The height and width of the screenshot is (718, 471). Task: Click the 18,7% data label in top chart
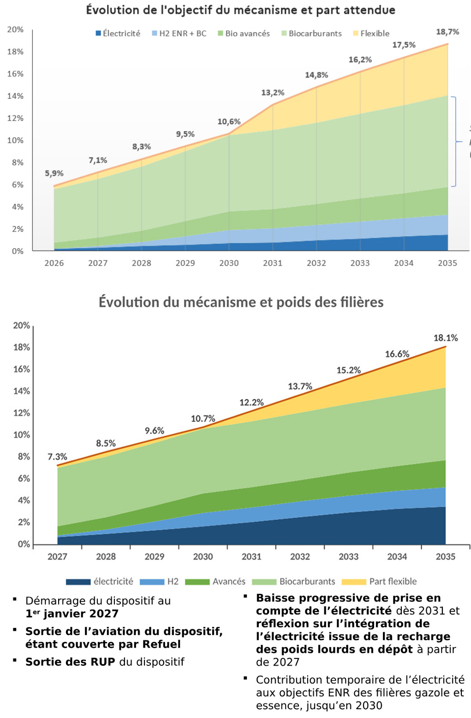click(447, 32)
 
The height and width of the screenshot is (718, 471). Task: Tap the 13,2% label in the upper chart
click(273, 93)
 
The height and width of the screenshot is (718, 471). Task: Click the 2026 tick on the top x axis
click(54, 263)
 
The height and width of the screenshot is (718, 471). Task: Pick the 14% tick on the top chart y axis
click(15, 96)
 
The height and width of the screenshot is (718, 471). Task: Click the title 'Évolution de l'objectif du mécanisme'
click(240, 10)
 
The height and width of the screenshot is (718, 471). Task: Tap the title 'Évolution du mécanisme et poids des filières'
click(241, 302)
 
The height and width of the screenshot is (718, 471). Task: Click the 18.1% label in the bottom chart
click(445, 338)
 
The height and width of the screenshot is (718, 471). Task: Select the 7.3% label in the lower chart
click(57, 457)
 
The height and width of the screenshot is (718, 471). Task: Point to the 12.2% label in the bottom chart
click(251, 403)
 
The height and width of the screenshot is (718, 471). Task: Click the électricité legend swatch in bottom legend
click(78, 582)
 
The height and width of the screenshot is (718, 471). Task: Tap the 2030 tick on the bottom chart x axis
click(203, 556)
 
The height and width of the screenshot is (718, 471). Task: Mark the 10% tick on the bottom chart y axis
click(21, 435)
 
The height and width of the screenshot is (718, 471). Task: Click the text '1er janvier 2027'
click(72, 614)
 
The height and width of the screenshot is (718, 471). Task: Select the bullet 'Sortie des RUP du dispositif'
click(105, 662)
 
